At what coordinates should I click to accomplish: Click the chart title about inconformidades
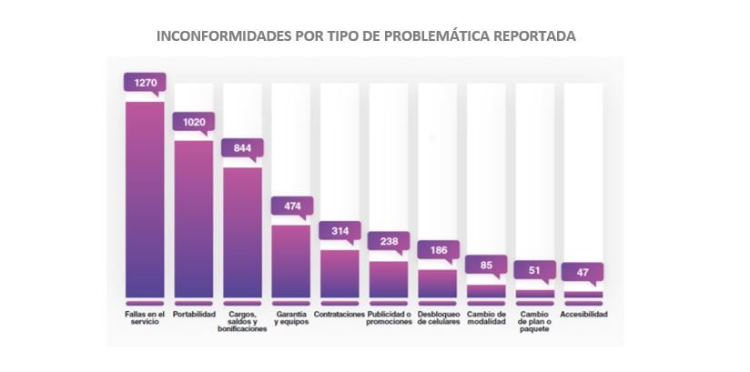pos(366,36)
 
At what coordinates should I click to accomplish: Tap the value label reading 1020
pos(193,122)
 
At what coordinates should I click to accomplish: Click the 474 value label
pos(291,206)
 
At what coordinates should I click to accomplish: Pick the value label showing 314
pos(340,231)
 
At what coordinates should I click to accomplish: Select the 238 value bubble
pos(389,242)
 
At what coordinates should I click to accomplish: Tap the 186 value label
pos(438,250)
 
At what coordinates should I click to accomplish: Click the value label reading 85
pos(485,266)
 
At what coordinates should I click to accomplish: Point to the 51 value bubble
pos(534,270)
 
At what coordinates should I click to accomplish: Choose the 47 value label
pos(583,272)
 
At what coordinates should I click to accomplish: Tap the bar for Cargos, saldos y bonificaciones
pos(242,232)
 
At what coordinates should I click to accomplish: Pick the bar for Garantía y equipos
pos(291,261)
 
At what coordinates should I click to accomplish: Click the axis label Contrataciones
pos(340,315)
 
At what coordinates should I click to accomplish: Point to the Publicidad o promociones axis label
pos(389,318)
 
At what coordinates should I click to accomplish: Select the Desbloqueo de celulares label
pos(438,318)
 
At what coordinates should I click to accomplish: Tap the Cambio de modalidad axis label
pos(485,318)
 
